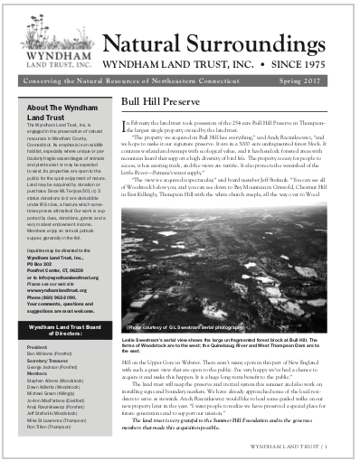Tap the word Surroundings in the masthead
(253, 42)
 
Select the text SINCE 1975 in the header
(303, 66)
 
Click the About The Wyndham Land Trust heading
(49, 113)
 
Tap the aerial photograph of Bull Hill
(230, 244)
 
